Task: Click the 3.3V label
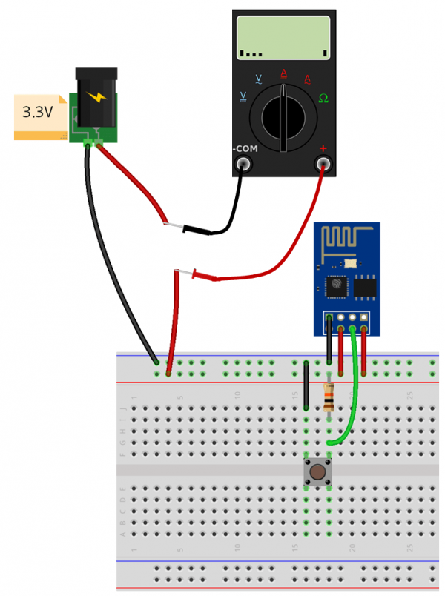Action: click(x=37, y=113)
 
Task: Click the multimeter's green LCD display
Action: click(x=283, y=38)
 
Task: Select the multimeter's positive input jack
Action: click(x=323, y=165)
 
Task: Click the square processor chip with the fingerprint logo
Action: click(x=336, y=285)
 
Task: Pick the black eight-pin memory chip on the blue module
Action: click(x=365, y=286)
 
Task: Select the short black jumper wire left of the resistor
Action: click(x=306, y=385)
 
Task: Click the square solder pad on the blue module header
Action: click(x=329, y=319)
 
